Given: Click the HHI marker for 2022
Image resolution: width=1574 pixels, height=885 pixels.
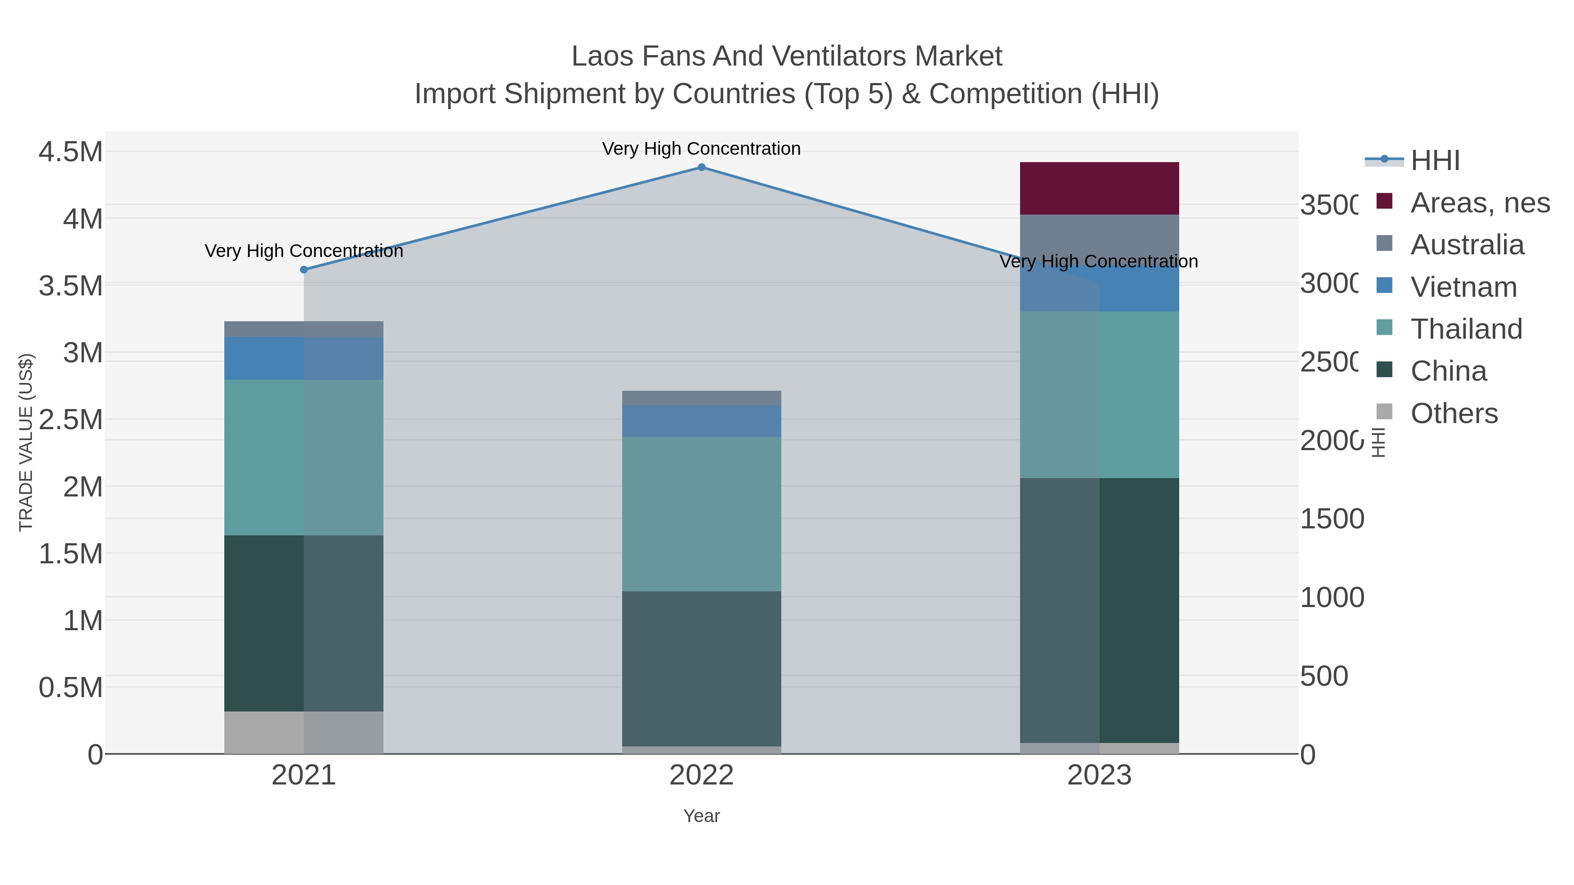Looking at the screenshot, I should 701,167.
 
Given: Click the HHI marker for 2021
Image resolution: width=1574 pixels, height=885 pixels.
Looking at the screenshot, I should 304,269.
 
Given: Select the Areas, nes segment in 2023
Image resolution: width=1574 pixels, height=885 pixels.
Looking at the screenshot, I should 1099,188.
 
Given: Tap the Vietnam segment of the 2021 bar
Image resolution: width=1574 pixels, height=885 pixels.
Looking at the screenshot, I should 304,358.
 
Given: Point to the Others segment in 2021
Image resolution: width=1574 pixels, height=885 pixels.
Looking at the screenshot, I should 304,732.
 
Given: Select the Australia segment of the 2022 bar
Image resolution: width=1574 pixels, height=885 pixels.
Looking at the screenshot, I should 701,398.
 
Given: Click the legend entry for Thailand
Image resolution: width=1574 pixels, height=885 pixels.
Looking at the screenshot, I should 1466,329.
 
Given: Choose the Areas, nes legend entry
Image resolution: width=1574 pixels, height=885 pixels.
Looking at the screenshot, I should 1479,203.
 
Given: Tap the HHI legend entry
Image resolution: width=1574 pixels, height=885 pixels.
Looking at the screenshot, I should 1434,161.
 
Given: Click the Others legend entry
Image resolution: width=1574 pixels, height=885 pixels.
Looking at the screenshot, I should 1454,413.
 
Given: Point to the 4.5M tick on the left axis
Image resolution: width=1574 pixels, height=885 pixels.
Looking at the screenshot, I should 71,152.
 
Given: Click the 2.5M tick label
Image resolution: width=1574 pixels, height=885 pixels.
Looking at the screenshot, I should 71,420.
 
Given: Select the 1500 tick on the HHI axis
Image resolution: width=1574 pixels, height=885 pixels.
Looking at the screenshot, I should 1332,519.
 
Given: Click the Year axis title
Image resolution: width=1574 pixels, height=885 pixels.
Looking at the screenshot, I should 701,816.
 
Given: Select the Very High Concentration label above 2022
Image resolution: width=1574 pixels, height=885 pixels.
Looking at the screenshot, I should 701,149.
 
